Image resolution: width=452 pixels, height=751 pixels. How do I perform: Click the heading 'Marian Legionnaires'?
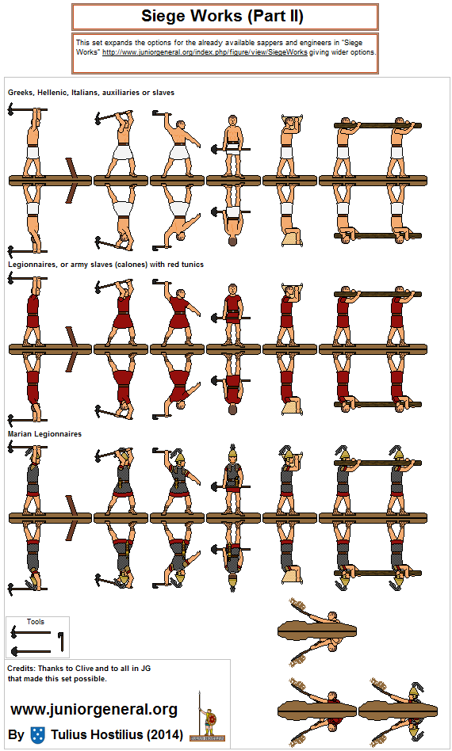coord(44,434)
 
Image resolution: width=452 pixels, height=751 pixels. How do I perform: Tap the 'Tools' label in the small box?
coord(35,622)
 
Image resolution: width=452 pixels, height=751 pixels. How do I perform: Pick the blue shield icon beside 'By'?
coord(37,734)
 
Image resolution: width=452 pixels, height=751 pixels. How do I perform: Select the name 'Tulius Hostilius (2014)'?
coord(117,734)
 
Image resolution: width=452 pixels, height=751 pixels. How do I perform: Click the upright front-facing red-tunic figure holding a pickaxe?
coord(232,315)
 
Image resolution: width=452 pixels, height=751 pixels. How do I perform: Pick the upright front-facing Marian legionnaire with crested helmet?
coord(232,481)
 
